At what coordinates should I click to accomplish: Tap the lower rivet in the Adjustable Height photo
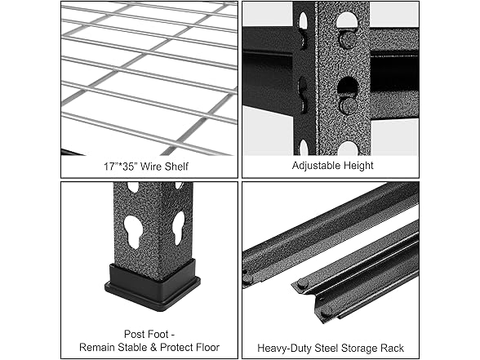348,104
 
